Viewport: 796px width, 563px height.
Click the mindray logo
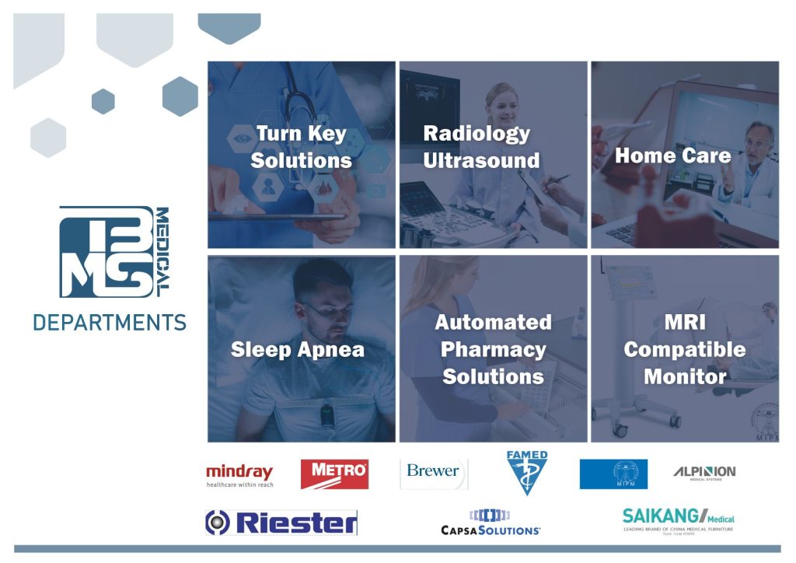pyautogui.click(x=239, y=474)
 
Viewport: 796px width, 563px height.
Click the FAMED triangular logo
pyautogui.click(x=527, y=471)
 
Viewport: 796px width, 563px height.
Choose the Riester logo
pyautogui.click(x=281, y=523)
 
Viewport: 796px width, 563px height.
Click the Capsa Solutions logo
pyautogui.click(x=491, y=522)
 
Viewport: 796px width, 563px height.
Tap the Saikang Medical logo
pyautogui.click(x=679, y=519)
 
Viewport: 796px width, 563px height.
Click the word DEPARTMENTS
pyautogui.click(x=110, y=322)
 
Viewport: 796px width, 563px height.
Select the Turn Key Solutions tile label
pyautogui.click(x=302, y=147)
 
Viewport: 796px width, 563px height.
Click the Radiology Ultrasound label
pyautogui.click(x=480, y=147)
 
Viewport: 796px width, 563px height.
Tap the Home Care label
pyautogui.click(x=673, y=156)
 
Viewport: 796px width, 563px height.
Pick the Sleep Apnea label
pyautogui.click(x=298, y=349)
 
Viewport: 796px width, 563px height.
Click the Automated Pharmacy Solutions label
pyautogui.click(x=493, y=349)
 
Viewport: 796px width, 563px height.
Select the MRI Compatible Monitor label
pyautogui.click(x=685, y=349)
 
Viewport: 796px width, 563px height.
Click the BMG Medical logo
pyautogui.click(x=113, y=251)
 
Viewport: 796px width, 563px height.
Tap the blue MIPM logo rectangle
pyautogui.click(x=613, y=474)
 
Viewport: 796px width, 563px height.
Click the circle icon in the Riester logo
pyautogui.click(x=219, y=523)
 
